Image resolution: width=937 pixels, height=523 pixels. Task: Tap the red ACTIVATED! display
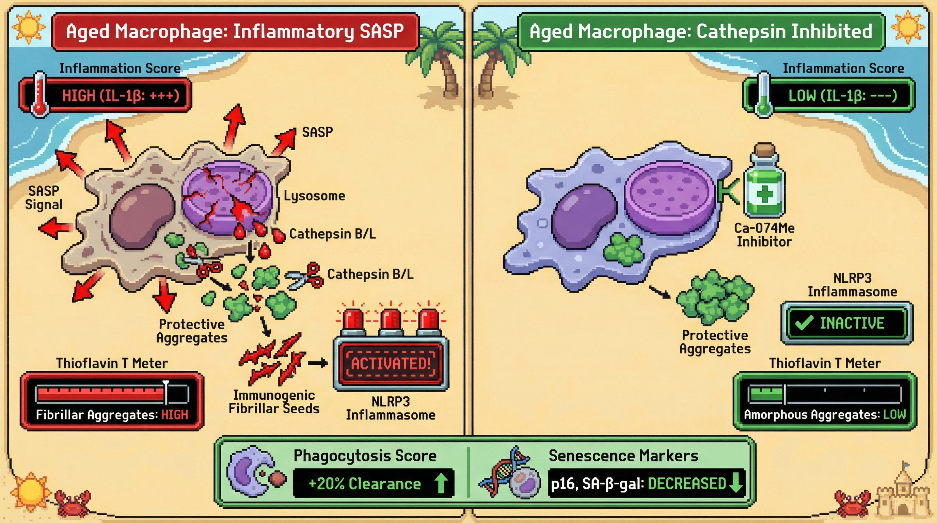point(391,363)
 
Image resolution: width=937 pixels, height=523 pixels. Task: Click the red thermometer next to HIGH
point(39,95)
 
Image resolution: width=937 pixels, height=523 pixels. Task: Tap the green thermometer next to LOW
point(763,95)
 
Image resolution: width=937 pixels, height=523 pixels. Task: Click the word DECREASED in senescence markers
point(687,484)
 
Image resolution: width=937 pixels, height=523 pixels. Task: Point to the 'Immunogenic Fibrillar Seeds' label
point(274,401)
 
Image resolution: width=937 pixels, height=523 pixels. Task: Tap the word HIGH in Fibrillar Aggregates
point(175,415)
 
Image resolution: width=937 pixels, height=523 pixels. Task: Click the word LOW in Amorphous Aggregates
point(894,414)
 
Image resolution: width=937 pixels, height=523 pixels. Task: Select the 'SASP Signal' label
point(44,197)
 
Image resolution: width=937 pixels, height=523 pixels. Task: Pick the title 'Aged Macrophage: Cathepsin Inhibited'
point(701,31)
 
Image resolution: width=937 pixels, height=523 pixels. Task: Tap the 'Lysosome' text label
point(314,196)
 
